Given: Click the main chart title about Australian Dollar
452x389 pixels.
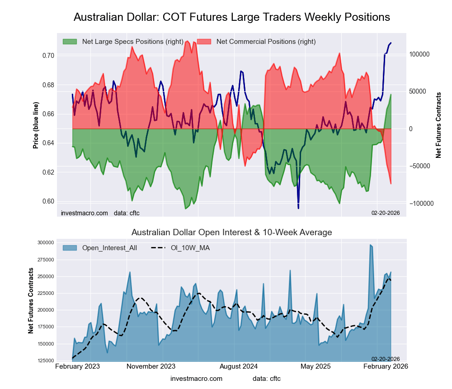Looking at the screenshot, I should click(231, 17).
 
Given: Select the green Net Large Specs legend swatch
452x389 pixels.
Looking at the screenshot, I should click(70, 42).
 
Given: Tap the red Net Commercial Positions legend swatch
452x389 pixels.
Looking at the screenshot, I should click(204, 42).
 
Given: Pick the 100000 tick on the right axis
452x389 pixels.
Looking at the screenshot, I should click(419, 54).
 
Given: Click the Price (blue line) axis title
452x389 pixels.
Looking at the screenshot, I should click(36, 125).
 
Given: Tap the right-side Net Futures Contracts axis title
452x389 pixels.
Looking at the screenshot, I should click(438, 125).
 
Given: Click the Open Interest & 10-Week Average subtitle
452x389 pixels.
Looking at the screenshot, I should click(231, 232).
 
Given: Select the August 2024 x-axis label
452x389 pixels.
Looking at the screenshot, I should click(235, 366).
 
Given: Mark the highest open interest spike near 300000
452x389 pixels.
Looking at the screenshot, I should click(370, 245).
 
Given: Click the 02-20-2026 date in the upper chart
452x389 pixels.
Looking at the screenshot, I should click(386, 213).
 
